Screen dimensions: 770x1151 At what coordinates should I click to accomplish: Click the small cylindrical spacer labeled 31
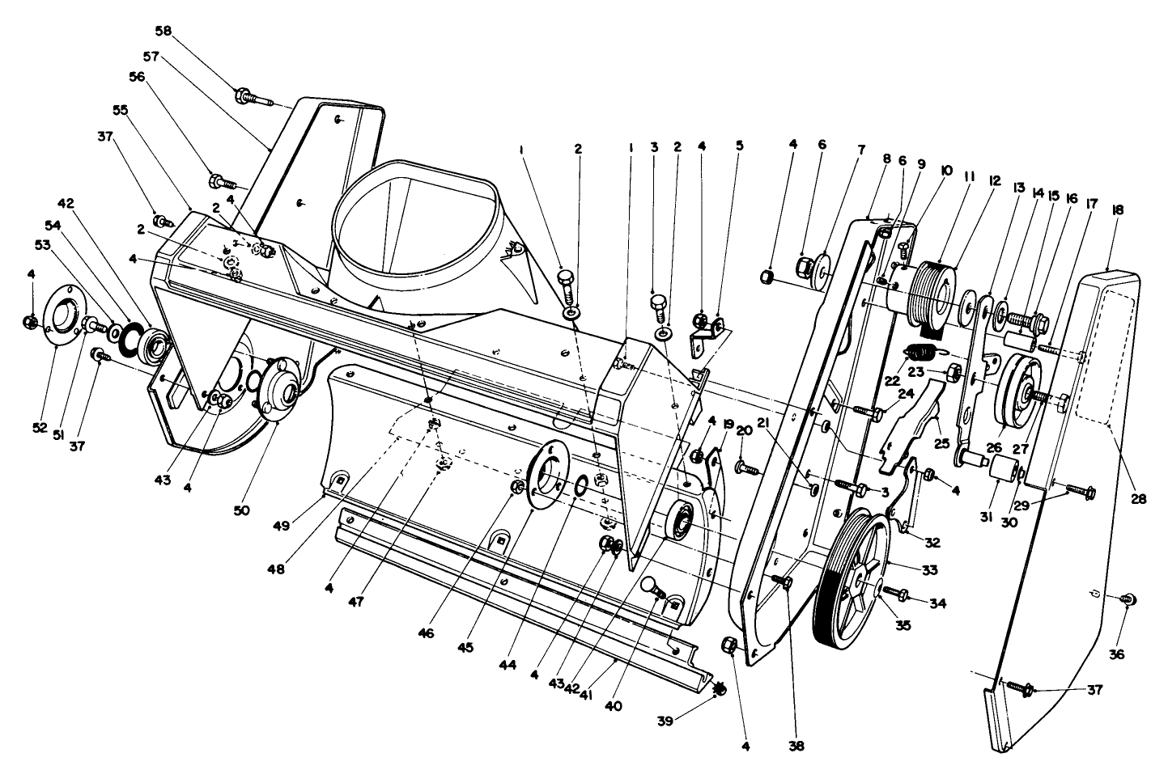coord(1000,467)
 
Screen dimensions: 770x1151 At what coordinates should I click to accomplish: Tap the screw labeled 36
coord(1124,599)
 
